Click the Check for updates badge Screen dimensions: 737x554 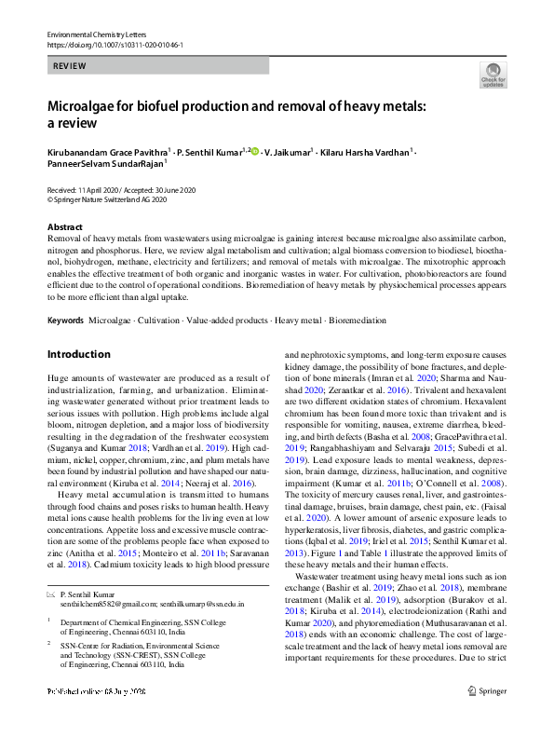(493, 75)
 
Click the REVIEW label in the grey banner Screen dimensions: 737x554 (71, 67)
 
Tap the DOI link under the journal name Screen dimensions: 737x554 (115, 45)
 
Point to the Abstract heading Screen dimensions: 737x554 (66, 227)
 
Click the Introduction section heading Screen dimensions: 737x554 (78, 354)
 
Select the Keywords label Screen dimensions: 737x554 (64, 320)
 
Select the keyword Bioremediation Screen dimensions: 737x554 (356, 320)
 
